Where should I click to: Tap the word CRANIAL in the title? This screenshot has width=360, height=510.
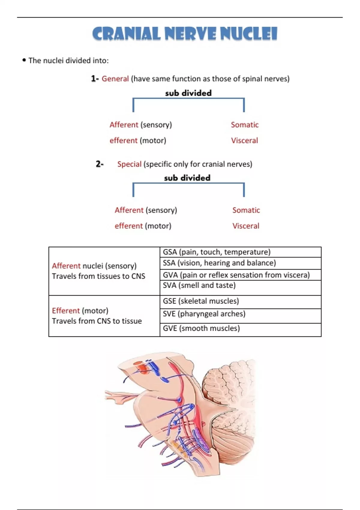click(x=126, y=34)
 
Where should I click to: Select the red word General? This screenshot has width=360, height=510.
click(x=115, y=79)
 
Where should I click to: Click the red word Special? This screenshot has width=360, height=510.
click(x=129, y=164)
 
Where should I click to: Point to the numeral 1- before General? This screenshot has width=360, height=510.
click(x=95, y=79)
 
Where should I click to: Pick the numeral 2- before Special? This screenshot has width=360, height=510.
click(x=100, y=164)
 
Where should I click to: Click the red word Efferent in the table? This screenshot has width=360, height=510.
click(x=66, y=310)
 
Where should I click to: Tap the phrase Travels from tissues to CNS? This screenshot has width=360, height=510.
click(x=98, y=276)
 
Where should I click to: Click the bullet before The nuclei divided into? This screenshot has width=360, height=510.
click(x=24, y=60)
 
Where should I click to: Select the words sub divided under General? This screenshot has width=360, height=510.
click(x=188, y=93)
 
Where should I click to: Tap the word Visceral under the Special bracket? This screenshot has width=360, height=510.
click(x=246, y=226)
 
